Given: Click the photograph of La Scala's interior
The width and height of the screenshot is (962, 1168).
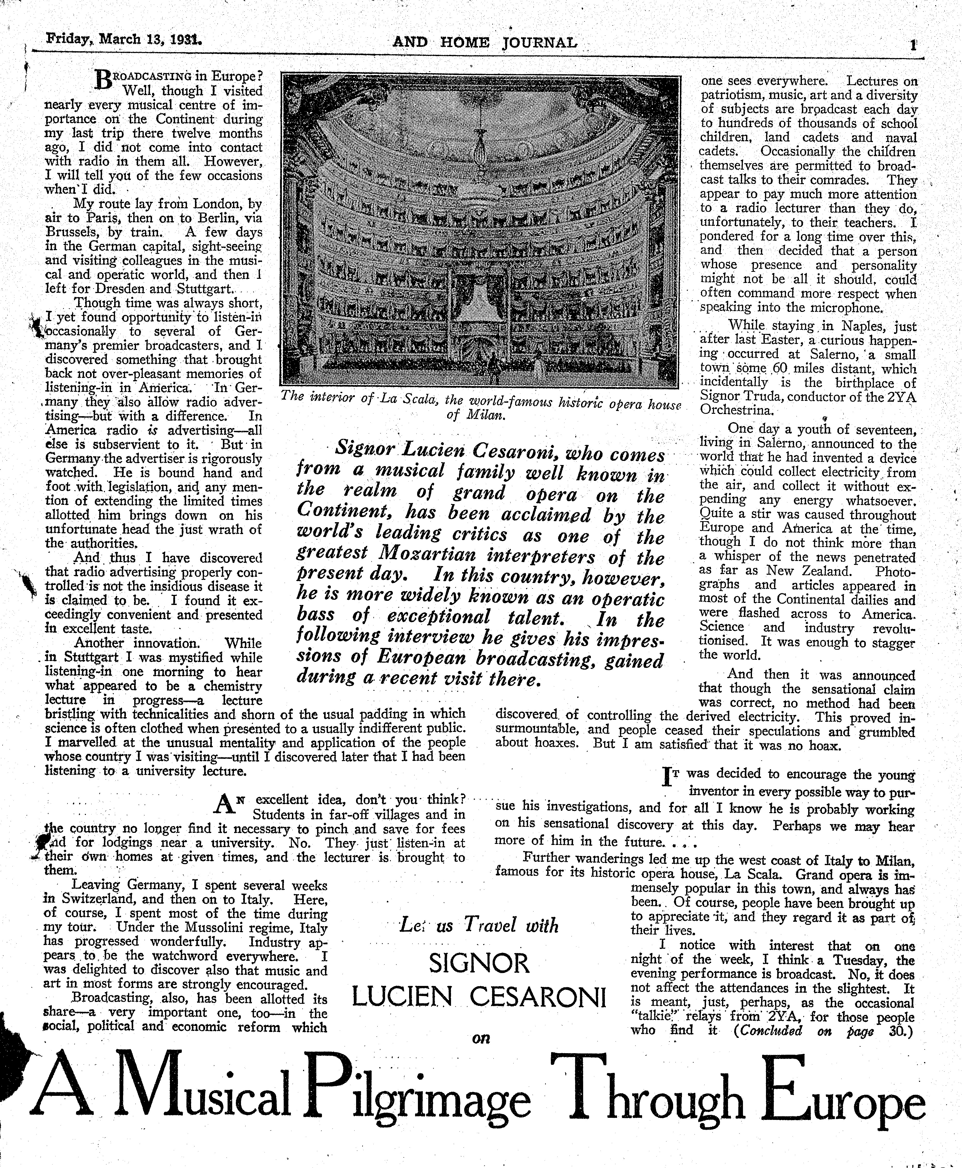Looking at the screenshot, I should point(480,230).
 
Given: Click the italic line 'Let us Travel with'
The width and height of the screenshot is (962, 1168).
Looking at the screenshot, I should point(479,925).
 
